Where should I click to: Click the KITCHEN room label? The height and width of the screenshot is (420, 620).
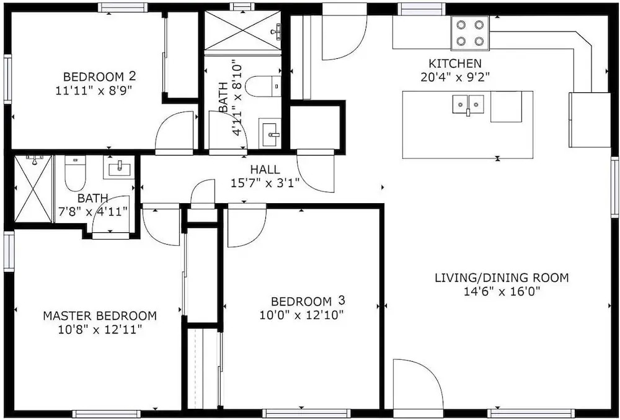pyautogui.click(x=455, y=63)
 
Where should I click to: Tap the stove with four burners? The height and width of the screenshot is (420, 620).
pyautogui.click(x=470, y=33)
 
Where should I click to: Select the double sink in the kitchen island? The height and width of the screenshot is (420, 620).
pyautogui.click(x=468, y=104)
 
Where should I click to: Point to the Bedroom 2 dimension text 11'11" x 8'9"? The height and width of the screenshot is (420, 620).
pyautogui.click(x=94, y=90)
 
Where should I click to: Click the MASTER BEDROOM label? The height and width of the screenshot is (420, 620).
pyautogui.click(x=100, y=316)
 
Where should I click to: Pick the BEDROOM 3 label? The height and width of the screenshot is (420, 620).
pyautogui.click(x=308, y=301)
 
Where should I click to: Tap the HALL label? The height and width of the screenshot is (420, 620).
pyautogui.click(x=265, y=170)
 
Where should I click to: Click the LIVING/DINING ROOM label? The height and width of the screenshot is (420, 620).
pyautogui.click(x=502, y=278)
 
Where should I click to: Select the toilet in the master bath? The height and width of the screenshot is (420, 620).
pyautogui.click(x=75, y=173)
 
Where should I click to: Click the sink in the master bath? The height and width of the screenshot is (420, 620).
pyautogui.click(x=118, y=167)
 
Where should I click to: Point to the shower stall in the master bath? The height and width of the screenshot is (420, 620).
pyautogui.click(x=33, y=189)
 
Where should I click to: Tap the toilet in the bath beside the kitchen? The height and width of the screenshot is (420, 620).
pyautogui.click(x=263, y=86)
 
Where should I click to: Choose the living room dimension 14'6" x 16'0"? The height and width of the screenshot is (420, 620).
pyautogui.click(x=502, y=292)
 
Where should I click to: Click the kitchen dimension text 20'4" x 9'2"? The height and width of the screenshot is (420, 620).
pyautogui.click(x=455, y=77)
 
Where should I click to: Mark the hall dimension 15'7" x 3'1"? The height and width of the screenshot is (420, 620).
pyautogui.click(x=265, y=183)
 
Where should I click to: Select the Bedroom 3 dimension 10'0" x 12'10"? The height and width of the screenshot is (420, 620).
pyautogui.click(x=301, y=315)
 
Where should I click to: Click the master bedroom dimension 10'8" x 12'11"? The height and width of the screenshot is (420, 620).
pyautogui.click(x=100, y=330)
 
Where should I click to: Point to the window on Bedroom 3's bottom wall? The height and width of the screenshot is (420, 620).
pyautogui.click(x=306, y=414)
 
